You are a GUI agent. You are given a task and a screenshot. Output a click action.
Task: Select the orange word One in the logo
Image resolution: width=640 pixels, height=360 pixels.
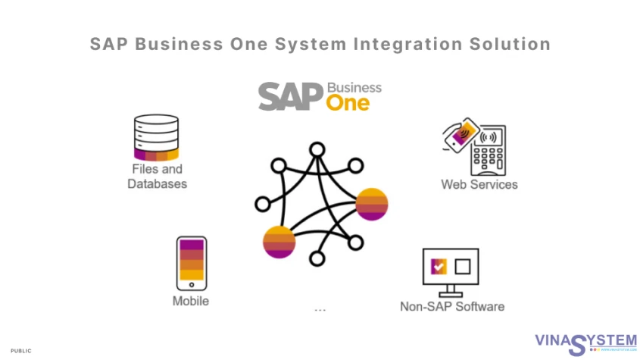point(348,102)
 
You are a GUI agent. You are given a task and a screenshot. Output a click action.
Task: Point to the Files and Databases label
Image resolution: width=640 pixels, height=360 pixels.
point(157,177)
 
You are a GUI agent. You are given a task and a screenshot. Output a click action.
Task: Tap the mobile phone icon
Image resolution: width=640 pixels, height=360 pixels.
point(191,263)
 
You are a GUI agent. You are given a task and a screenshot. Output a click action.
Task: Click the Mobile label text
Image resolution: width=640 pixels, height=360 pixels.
point(191,301)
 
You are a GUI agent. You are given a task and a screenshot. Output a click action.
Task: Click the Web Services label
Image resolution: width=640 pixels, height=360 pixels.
point(479,184)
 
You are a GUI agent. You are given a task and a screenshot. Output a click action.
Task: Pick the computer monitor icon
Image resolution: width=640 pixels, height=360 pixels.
point(451,271)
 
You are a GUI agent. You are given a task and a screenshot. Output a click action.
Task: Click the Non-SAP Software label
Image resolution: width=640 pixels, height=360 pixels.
point(452,306)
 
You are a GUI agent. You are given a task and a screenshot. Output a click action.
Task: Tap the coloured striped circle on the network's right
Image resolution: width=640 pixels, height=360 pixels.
point(372,202)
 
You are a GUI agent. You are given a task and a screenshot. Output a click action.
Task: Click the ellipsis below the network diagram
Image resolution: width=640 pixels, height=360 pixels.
point(319,310)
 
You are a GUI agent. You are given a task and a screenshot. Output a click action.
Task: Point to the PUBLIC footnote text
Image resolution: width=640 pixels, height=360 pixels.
point(21,351)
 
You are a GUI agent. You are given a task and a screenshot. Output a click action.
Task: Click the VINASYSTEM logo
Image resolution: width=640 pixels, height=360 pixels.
point(585,343)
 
